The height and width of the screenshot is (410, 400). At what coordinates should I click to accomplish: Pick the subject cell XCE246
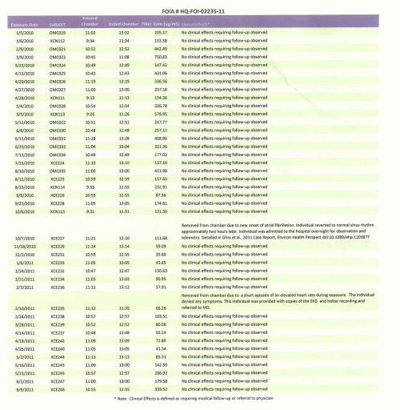pos(57,389)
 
